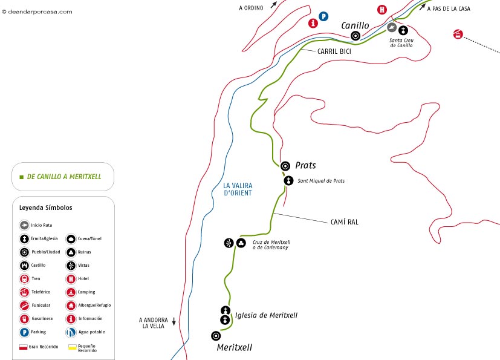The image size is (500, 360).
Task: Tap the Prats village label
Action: (305, 165)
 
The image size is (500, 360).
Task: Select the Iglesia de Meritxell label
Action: (266, 315)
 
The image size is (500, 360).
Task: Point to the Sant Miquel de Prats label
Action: (321, 181)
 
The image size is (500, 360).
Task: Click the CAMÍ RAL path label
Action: (345, 222)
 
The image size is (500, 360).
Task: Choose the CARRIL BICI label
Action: (334, 51)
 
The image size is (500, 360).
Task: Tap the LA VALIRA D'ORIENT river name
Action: (237, 189)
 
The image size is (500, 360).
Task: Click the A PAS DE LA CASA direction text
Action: (449, 9)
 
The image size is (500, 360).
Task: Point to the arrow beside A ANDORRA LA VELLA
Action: (174, 321)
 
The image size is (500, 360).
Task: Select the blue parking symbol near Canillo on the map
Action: (324, 16)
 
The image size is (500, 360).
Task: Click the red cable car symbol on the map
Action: (458, 34)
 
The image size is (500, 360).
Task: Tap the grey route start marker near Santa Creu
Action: (392, 28)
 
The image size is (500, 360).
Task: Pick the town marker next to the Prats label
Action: (285, 165)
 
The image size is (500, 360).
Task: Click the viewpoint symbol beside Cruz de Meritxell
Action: (229, 243)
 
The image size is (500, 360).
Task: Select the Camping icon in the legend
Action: (71, 292)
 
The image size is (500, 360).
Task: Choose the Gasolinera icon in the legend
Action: (24, 318)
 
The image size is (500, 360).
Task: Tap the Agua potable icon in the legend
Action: (71, 332)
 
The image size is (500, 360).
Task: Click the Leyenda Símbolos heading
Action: (46, 208)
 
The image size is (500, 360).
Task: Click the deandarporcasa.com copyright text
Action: (37, 11)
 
